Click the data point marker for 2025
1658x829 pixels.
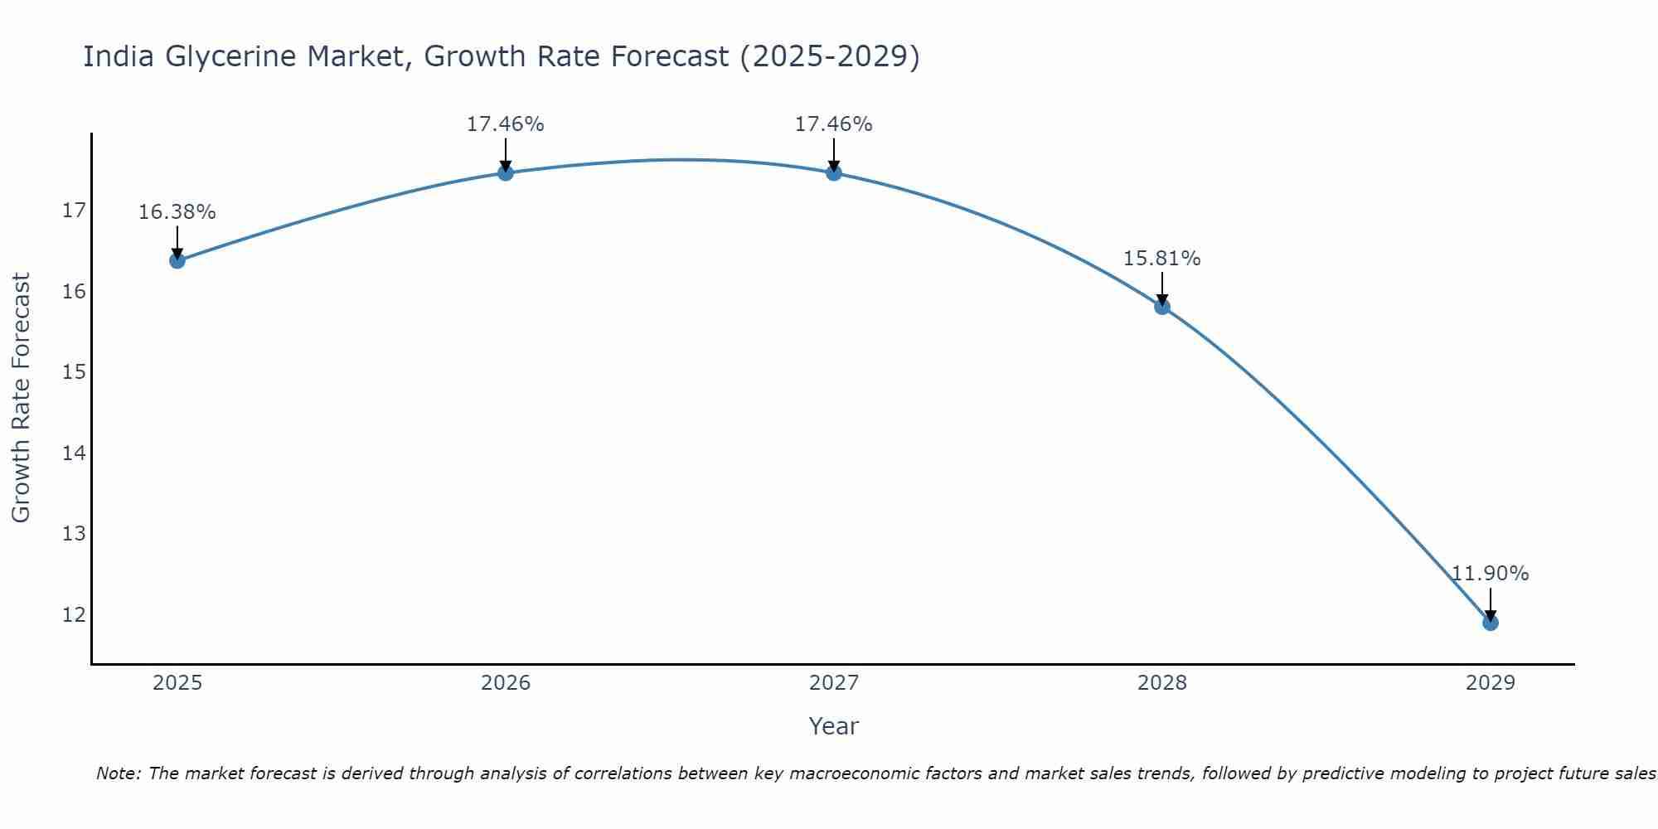[x=177, y=260]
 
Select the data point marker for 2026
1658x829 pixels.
[x=506, y=172]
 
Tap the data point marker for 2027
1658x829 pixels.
[x=834, y=172]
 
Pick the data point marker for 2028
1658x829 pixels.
[x=1162, y=307]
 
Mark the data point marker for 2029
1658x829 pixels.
[x=1491, y=623]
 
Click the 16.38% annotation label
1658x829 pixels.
[x=177, y=212]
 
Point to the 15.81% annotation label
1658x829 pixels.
[x=1162, y=259]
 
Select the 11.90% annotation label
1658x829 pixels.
[x=1491, y=574]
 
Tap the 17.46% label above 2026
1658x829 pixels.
[x=506, y=124]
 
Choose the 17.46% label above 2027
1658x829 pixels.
[x=834, y=124]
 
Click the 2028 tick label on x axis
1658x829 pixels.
[x=1162, y=683]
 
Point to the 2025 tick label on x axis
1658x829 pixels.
[x=177, y=683]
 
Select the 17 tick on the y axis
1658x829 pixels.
[x=75, y=211]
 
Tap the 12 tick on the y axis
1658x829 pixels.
[x=75, y=614]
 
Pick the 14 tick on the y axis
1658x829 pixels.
[x=75, y=453]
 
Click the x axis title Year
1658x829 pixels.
[x=834, y=726]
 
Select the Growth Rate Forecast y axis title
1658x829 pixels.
[x=22, y=398]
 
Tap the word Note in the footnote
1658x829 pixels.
[x=118, y=773]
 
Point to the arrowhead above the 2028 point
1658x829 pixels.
[x=1162, y=300]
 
